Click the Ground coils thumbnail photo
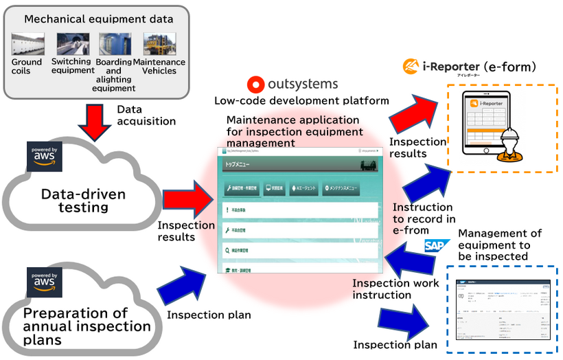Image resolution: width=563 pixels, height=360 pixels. [27, 44]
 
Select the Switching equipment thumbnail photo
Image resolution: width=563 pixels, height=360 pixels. [72, 44]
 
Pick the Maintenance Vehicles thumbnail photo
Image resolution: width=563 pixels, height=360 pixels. [159, 44]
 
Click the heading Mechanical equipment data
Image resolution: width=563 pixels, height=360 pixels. [99, 19]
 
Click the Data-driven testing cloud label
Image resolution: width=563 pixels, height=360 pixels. [84, 201]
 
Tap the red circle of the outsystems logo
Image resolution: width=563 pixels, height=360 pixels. [255, 85]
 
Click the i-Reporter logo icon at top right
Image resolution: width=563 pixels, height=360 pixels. [412, 67]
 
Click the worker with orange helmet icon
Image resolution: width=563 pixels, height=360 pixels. [509, 145]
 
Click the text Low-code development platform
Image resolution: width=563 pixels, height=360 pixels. [301, 100]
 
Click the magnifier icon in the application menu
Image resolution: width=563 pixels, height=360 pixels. [227, 251]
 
